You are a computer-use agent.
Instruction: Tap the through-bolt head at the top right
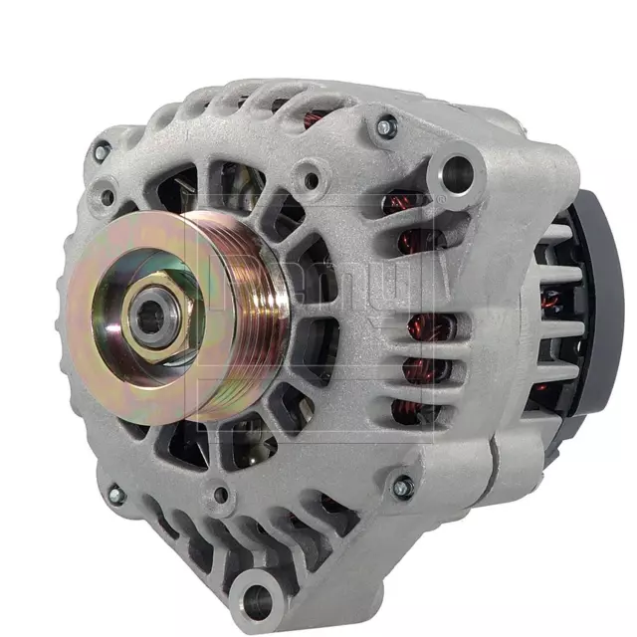tap(385, 126)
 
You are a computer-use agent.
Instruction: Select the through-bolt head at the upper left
tap(101, 151)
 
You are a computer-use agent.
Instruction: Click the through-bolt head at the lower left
tap(116, 494)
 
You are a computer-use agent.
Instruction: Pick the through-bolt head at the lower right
tap(402, 487)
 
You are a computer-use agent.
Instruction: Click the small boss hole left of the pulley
tap(106, 197)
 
